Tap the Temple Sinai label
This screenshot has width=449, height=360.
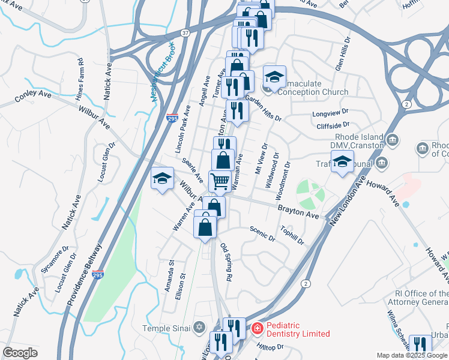(x=165, y=328)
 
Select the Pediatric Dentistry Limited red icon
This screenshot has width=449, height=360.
(x=257, y=328)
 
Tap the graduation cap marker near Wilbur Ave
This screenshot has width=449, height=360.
(x=162, y=178)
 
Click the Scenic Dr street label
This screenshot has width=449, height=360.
(x=262, y=233)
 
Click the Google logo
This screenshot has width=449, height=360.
(x=20, y=353)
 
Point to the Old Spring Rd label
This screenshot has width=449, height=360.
(x=226, y=262)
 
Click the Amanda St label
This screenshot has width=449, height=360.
(x=171, y=273)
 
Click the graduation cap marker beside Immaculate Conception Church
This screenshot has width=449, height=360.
(x=274, y=77)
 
